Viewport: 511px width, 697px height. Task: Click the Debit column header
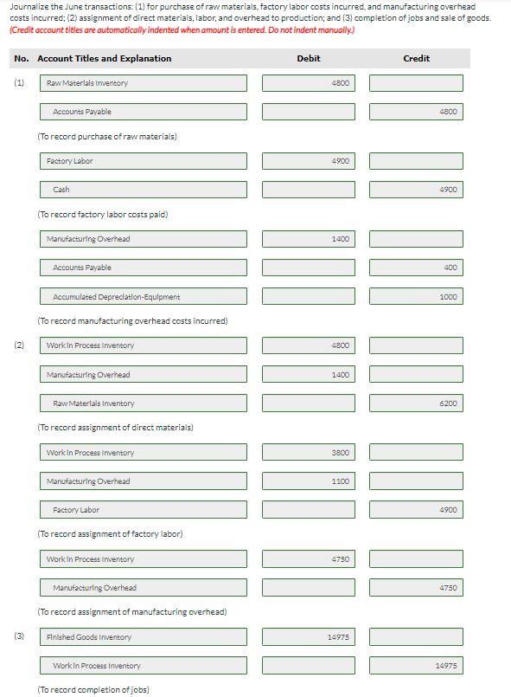[x=308, y=58]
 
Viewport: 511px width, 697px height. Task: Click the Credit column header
[x=416, y=58]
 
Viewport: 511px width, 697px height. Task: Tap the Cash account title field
[x=143, y=189]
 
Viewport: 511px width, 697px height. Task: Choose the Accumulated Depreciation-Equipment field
[x=143, y=296]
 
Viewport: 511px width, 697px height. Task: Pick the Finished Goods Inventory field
[x=143, y=636]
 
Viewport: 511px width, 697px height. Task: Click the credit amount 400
[x=416, y=268]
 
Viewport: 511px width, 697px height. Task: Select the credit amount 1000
[x=416, y=296]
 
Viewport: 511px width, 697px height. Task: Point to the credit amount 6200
[x=416, y=403]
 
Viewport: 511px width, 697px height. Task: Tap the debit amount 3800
[x=308, y=453]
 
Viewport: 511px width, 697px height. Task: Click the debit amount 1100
[x=308, y=481]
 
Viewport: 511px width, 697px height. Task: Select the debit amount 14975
[x=308, y=636]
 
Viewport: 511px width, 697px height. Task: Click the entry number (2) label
[x=19, y=345]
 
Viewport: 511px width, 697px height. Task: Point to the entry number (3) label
[x=19, y=636]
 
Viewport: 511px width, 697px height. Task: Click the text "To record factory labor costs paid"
[x=102, y=214]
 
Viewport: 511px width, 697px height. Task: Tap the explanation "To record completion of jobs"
[x=93, y=689]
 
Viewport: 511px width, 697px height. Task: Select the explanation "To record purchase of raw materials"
[x=106, y=136]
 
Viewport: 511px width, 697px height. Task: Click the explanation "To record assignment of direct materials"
[x=115, y=427]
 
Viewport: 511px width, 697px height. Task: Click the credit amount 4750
[x=416, y=588]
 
